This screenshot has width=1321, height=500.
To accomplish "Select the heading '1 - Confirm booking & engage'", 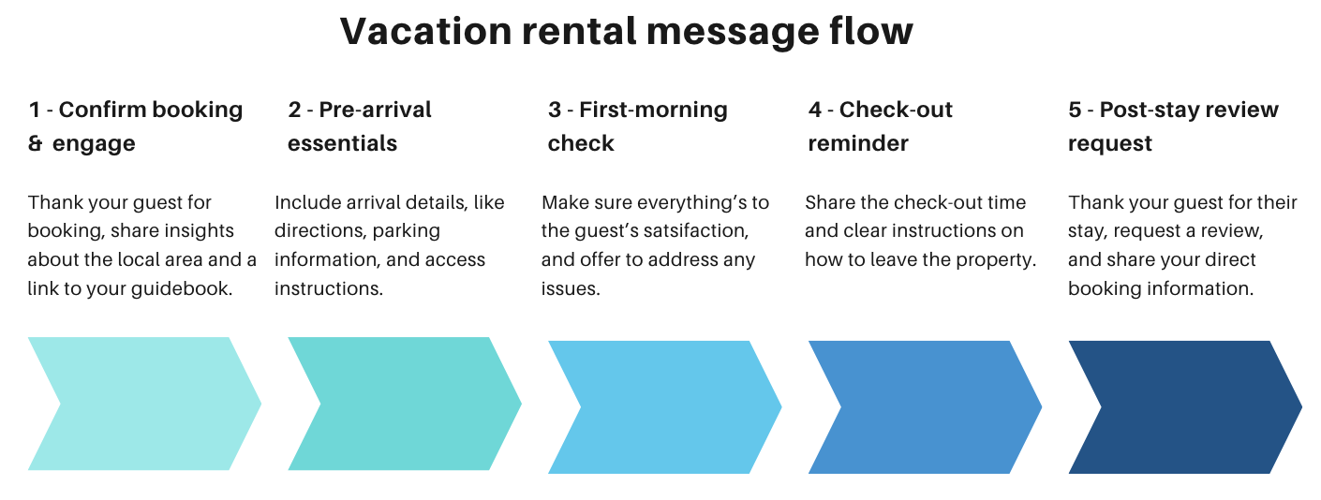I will point(136,126).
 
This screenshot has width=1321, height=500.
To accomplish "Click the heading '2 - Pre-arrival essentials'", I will point(360,126).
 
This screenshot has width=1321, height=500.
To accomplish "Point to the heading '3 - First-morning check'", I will point(637,126).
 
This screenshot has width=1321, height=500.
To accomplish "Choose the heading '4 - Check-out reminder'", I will point(880,126).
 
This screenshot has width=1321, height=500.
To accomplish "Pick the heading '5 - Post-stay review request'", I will point(1173,126).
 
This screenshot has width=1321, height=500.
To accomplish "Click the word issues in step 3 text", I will point(570,288).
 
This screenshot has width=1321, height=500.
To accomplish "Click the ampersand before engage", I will point(36,144).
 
